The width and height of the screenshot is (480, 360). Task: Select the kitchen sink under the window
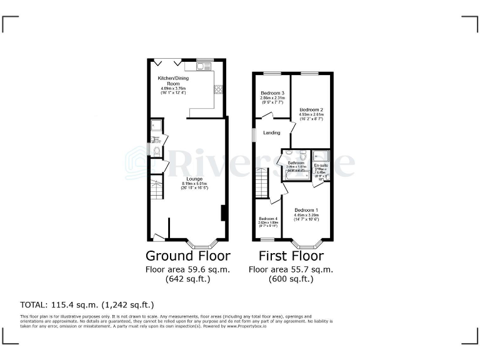tap(204, 64)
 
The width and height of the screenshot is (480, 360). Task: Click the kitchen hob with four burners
tap(219, 89)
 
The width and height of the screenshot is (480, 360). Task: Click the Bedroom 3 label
tap(272, 93)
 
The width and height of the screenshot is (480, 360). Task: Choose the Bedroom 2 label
tap(311, 110)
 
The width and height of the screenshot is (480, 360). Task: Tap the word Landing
tap(271, 132)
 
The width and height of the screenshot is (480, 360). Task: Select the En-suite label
tap(321, 166)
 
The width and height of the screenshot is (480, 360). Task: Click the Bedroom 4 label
tap(267, 219)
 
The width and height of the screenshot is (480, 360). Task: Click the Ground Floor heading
tap(187, 256)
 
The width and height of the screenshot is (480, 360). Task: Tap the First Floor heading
tap(291, 256)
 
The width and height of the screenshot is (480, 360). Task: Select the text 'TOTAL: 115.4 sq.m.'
tap(60, 305)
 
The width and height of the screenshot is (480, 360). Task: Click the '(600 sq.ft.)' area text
tap(291, 279)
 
